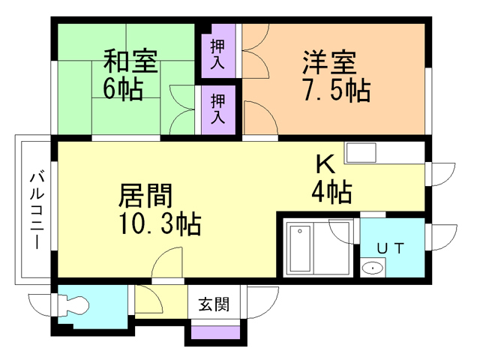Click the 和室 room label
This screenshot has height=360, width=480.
[x=131, y=60]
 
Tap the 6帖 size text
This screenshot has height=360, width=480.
[x=124, y=88]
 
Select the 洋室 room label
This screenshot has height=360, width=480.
[x=329, y=60]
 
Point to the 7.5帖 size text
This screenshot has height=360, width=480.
[x=335, y=89]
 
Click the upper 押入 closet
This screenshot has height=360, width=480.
[x=218, y=51]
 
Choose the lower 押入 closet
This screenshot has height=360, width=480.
[x=218, y=109]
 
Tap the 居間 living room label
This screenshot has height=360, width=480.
[x=146, y=196]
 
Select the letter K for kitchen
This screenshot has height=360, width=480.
[x=323, y=163]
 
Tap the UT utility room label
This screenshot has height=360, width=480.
[x=391, y=247]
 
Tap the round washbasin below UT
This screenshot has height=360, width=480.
[x=372, y=268]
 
